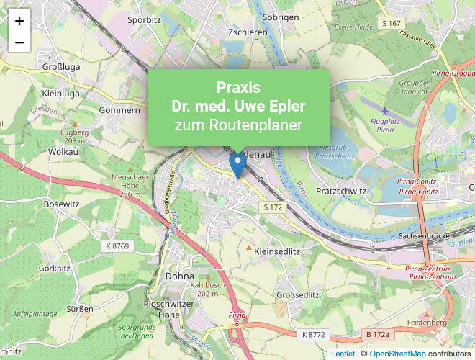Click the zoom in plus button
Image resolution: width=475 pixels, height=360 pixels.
tap(19, 21)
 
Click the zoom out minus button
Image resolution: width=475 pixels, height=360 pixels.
tap(19, 42)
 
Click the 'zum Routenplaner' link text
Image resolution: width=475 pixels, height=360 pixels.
tap(238, 125)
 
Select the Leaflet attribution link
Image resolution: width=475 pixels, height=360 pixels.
tap(343, 354)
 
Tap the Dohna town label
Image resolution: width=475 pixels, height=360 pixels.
tap(179, 276)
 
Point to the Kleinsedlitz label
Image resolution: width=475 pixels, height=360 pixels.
tap(277, 251)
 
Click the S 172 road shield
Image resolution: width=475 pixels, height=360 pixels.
tap(273, 207)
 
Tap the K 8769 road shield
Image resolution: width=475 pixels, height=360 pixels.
tap(117, 246)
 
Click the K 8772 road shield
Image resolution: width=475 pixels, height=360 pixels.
tap(314, 335)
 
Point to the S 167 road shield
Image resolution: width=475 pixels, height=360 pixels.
tap(391, 23)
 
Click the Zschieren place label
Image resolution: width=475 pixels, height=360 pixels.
tap(247, 32)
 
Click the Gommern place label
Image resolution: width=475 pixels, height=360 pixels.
tap(120, 110)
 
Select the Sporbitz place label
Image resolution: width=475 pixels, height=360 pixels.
tap(143, 20)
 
